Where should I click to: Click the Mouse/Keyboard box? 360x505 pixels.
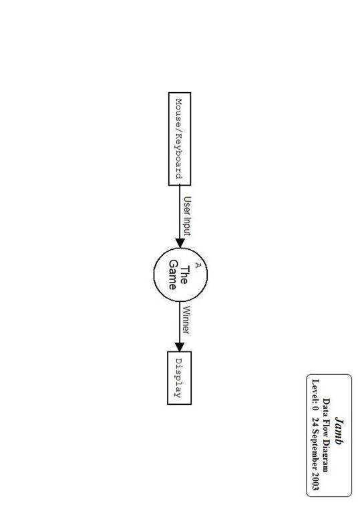[x=180, y=139]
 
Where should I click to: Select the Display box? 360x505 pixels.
[x=180, y=378]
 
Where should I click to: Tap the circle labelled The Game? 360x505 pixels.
[x=180, y=275]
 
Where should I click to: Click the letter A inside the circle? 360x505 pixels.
[x=198, y=265]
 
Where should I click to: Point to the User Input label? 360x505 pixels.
[x=187, y=216]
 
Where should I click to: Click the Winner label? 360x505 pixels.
[x=186, y=320]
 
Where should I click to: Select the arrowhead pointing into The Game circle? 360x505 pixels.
[x=180, y=243]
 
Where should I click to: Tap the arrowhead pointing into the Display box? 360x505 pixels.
[x=180, y=347]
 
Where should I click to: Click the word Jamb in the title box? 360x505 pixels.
[x=339, y=431]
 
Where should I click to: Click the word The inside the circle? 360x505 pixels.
[x=184, y=275]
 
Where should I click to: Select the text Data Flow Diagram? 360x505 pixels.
[x=327, y=435]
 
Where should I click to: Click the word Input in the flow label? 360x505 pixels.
[x=187, y=226]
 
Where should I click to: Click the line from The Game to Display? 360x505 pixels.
[x=180, y=327]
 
